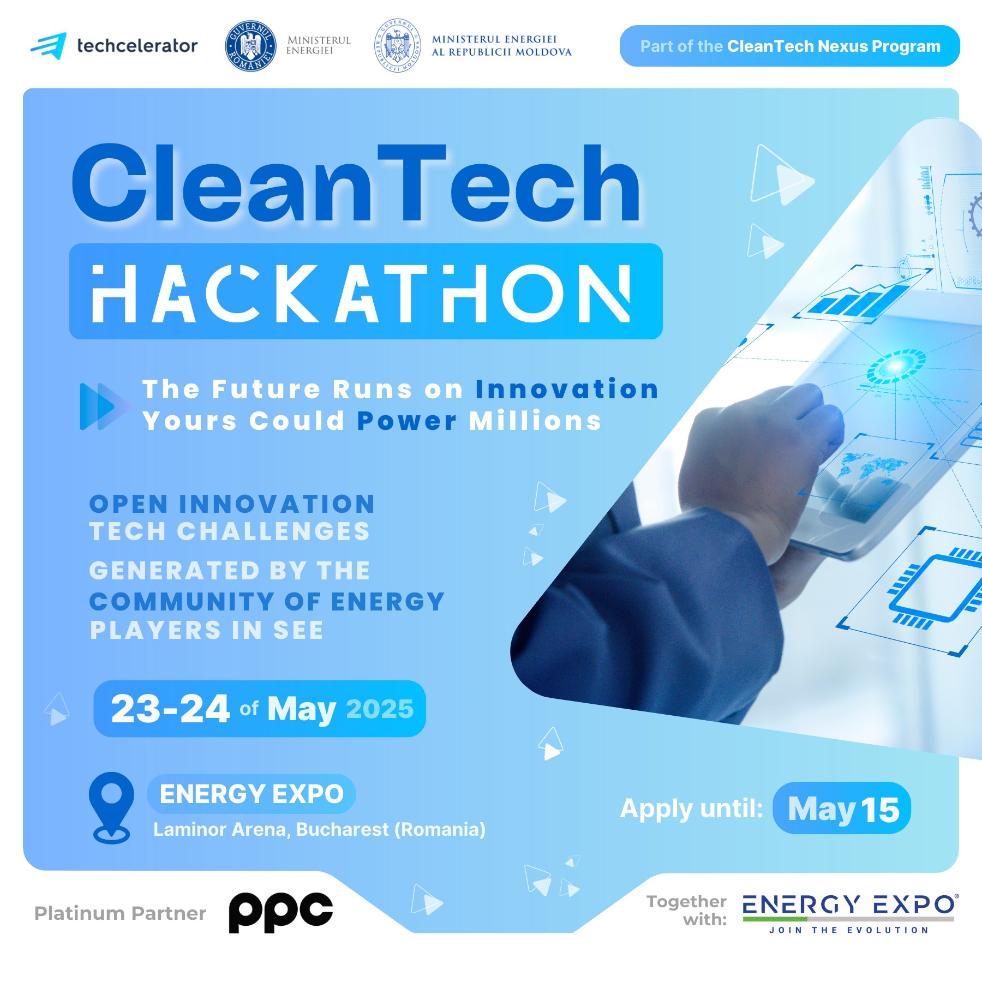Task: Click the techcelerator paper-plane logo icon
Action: click(x=49, y=46)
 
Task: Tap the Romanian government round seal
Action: click(x=250, y=46)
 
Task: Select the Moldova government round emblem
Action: click(x=398, y=46)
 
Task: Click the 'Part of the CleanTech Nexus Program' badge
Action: click(x=789, y=46)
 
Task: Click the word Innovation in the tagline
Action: click(x=567, y=390)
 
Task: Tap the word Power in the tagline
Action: click(x=407, y=421)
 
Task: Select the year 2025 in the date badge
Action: click(x=380, y=709)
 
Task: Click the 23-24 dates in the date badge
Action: click(x=170, y=709)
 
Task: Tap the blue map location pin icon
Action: click(x=111, y=807)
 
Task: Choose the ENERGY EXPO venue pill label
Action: click(x=252, y=794)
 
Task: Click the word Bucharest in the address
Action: click(x=343, y=829)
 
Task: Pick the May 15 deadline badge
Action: click(x=842, y=808)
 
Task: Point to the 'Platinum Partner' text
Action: click(x=120, y=913)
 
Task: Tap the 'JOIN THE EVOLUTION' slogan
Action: click(x=848, y=930)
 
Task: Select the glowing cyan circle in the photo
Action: click(x=895, y=366)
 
